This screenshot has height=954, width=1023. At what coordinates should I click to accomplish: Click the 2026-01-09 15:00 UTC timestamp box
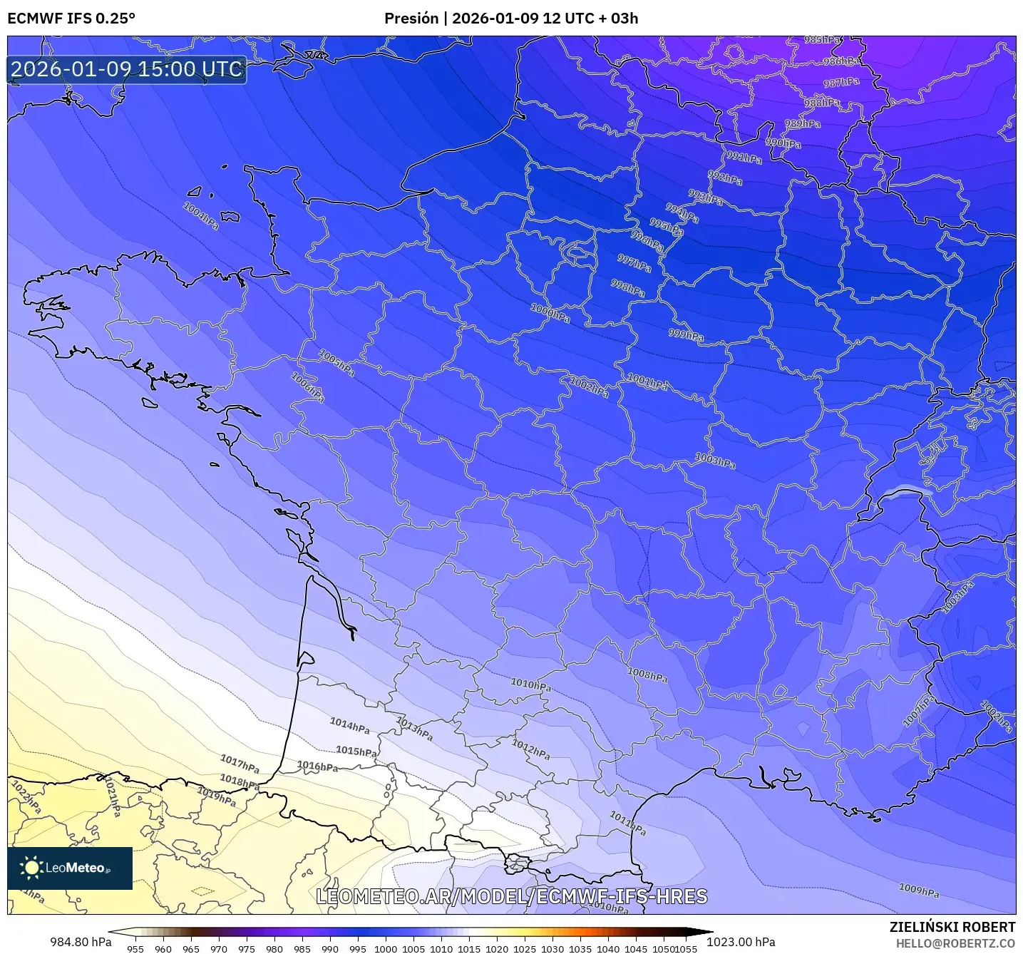127,69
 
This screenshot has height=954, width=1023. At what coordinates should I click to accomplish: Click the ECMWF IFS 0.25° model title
71,19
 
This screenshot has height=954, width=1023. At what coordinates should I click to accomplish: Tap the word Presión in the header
411,19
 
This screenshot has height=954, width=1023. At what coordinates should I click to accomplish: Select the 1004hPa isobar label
200,215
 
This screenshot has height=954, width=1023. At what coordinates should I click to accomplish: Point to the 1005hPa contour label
336,363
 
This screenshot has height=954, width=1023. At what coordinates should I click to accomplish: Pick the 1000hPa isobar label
550,313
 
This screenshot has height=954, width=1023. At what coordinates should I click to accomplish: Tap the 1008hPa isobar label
647,675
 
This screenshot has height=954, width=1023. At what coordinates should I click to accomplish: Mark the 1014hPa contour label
349,726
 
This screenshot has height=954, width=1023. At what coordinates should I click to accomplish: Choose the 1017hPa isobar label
240,764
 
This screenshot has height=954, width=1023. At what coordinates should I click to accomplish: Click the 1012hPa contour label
531,749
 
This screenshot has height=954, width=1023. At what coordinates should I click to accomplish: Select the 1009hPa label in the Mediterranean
919,891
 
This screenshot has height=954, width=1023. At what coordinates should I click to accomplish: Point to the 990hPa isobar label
783,143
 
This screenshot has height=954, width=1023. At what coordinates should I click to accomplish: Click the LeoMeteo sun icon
31,868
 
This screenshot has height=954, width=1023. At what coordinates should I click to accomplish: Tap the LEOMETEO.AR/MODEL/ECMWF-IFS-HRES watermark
511,896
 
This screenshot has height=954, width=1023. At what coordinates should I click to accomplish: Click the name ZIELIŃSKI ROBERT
952,927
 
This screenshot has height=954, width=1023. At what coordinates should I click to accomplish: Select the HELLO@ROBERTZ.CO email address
955,943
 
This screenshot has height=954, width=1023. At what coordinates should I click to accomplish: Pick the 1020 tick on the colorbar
497,949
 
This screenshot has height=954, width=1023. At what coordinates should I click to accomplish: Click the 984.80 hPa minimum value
81,942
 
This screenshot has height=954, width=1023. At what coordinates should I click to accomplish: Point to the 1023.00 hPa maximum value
741,942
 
